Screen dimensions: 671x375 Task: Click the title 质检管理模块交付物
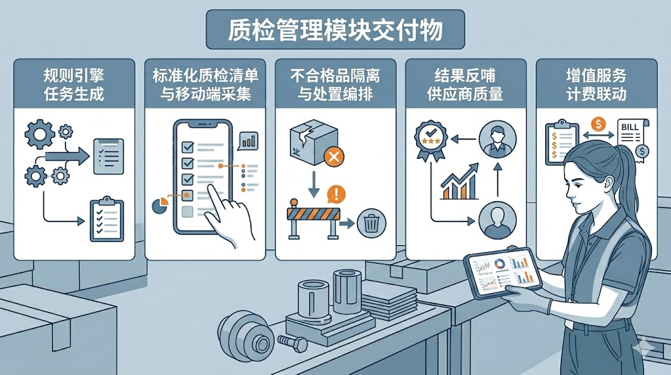335,30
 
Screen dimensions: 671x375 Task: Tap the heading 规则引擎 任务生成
74,85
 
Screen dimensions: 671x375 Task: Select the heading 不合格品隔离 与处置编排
335,85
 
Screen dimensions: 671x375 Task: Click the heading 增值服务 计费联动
596,85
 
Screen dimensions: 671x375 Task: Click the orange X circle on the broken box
334,156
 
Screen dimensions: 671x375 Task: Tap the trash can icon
372,223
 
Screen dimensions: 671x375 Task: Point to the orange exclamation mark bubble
336,194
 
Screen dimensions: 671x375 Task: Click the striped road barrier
313,218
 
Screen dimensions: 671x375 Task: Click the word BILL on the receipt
630,127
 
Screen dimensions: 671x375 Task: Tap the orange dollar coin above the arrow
598,125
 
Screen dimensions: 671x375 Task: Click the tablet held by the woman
503,273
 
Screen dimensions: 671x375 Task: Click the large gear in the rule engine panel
40,134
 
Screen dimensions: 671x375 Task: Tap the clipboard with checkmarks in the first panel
107,220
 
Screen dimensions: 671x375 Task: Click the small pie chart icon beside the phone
160,205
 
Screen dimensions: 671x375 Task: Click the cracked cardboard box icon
313,142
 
